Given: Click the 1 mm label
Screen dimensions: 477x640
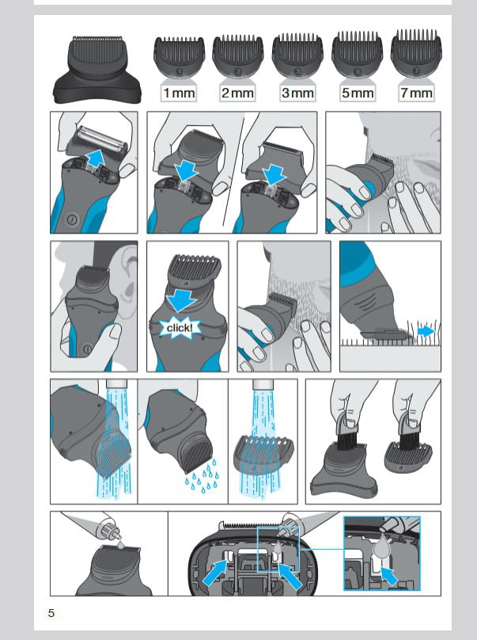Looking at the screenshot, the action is (x=179, y=93).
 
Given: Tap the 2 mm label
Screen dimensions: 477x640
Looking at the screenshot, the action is (x=237, y=93).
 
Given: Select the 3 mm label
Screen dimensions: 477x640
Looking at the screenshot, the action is (x=297, y=93).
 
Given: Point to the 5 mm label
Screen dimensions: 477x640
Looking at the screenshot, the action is (x=358, y=93).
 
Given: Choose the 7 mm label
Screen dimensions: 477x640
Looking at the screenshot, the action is (x=416, y=93).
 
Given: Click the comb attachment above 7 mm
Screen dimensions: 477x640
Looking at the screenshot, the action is (x=416, y=53).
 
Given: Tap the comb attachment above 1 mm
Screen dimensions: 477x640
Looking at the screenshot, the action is (x=179, y=56).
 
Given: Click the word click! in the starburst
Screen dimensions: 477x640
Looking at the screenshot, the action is (x=179, y=328).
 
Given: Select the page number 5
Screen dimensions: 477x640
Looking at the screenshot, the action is (x=51, y=613).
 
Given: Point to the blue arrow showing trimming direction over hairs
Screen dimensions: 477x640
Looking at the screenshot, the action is (x=426, y=331).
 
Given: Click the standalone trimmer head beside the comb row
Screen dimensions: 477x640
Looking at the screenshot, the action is (x=97, y=69).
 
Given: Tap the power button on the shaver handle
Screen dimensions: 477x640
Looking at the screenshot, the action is (x=72, y=219).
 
